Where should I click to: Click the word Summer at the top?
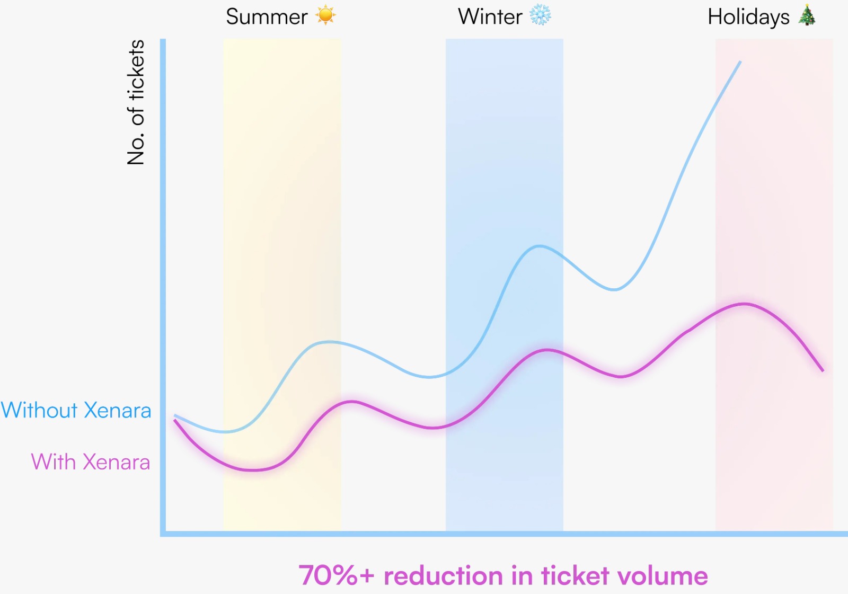coord(267,17)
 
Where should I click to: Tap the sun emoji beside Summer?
coord(325,15)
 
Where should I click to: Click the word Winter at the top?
coord(490,17)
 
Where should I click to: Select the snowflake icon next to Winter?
coord(540,15)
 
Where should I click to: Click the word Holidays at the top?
coord(748,17)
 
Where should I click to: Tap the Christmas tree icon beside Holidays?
coord(807,15)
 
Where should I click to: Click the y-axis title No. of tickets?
coord(136,102)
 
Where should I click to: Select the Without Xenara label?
coord(76,411)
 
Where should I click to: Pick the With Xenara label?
coord(91,462)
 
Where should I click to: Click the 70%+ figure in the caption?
coord(337,575)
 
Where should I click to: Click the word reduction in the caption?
coord(443,575)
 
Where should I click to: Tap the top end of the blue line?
coord(740,62)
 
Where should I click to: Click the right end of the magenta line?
coord(823,370)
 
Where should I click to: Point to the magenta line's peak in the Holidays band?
coord(745,304)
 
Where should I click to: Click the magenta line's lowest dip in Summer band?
coord(254,470)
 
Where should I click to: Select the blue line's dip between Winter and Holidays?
coord(614,290)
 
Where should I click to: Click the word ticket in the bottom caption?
coord(575,575)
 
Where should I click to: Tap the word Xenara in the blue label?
coord(118,411)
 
